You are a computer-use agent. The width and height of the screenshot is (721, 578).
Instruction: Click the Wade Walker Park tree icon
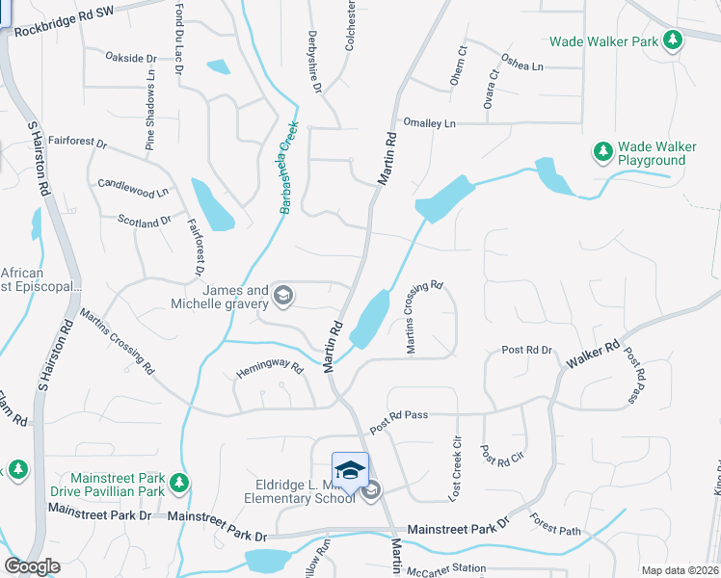tap(674, 40)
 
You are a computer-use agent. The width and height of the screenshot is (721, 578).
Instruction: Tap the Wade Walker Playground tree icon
tap(603, 151)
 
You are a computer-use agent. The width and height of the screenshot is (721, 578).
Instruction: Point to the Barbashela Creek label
tap(286, 169)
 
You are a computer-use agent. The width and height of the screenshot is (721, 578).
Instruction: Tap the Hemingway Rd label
tap(270, 367)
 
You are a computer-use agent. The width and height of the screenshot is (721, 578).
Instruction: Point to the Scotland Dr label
tap(144, 221)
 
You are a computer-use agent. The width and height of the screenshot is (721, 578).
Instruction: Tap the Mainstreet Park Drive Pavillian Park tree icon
tap(178, 483)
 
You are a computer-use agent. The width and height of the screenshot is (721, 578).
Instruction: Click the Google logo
tap(32, 566)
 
